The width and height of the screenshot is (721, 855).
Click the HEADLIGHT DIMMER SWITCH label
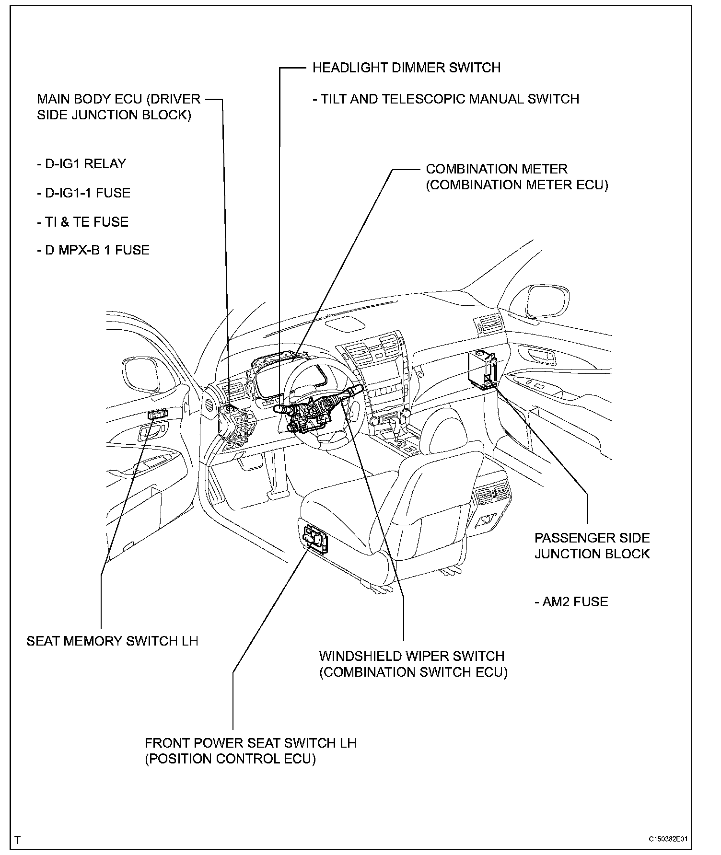[406, 68]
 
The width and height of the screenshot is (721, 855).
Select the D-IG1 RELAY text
[81, 164]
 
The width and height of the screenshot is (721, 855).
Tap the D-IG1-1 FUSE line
[83, 193]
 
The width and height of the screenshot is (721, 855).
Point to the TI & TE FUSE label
[82, 222]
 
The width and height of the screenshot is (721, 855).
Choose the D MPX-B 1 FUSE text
[93, 250]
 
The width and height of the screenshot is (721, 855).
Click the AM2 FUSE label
[571, 602]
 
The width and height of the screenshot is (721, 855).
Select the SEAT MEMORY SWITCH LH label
[112, 641]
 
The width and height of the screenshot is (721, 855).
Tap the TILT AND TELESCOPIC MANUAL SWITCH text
[446, 99]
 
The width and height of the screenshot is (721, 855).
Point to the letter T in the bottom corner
[18, 840]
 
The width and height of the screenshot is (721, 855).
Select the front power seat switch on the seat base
[315, 539]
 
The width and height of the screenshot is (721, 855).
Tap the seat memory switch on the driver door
[158, 414]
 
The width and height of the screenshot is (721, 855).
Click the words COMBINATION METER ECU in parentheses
[517, 185]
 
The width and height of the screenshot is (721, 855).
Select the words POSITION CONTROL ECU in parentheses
[230, 759]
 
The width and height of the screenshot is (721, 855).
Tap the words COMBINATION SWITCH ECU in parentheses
[413, 672]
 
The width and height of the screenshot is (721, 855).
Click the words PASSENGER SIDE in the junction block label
[592, 538]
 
